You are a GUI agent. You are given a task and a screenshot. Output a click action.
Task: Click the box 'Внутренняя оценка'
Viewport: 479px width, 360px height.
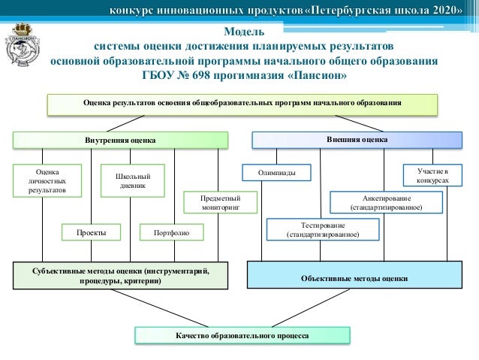[x=120, y=140]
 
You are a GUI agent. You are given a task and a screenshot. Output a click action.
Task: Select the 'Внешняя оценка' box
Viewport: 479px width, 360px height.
[x=357, y=140]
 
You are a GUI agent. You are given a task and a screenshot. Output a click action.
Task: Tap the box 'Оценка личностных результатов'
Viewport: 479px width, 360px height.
[x=38, y=181]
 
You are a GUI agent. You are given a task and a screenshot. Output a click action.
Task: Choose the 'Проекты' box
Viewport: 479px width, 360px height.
[x=91, y=233]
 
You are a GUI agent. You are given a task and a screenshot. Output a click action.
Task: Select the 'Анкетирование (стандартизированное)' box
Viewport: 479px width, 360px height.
[x=386, y=202]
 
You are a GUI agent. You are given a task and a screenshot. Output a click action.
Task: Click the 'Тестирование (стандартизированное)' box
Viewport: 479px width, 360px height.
[x=323, y=230]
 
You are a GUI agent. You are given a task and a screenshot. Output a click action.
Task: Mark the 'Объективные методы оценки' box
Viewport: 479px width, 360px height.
[x=354, y=277]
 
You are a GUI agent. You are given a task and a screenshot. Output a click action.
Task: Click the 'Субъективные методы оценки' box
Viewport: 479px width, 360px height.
[x=121, y=276]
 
